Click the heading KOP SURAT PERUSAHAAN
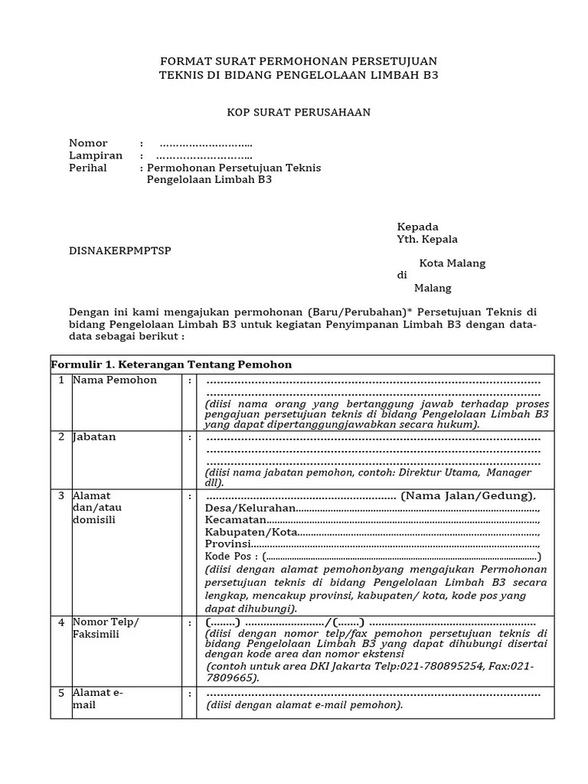pyautogui.click(x=299, y=113)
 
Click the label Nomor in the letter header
pyautogui.click(x=88, y=143)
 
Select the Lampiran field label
pyautogui.click(x=96, y=155)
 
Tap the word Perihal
pyautogui.click(x=88, y=168)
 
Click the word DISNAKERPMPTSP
pyautogui.click(x=120, y=251)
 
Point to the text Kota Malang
pyautogui.click(x=452, y=263)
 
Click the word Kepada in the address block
pyautogui.click(x=417, y=227)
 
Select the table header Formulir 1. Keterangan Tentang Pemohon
pyautogui.click(x=171, y=364)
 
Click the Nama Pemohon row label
pyautogui.click(x=115, y=380)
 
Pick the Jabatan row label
pyautogui.click(x=94, y=436)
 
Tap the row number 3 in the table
pyautogui.click(x=60, y=496)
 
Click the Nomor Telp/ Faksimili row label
pyautogui.click(x=106, y=628)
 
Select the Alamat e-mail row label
pyautogui.click(x=97, y=698)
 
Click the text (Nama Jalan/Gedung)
pyautogui.click(x=468, y=495)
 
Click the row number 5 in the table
pyautogui.click(x=60, y=693)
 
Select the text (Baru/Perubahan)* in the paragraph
pyautogui.click(x=355, y=312)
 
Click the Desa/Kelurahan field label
pyautogui.click(x=250, y=508)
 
